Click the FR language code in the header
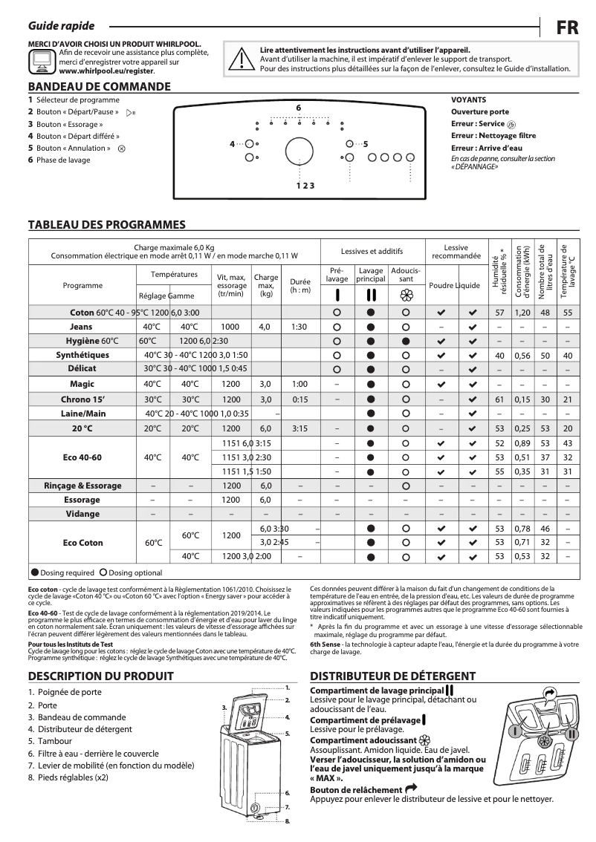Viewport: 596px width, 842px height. coord(568,27)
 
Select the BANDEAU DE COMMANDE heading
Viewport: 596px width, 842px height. coord(99,87)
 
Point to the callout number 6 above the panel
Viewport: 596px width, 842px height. coord(298,108)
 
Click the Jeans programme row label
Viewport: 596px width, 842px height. coord(82,327)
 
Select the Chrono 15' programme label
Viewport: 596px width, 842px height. coord(82,399)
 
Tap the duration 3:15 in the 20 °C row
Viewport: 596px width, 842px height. coord(299,428)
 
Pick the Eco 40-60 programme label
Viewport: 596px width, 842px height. coord(82,457)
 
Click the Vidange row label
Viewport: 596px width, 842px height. coord(82,514)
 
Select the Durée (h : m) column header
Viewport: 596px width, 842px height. coord(299,286)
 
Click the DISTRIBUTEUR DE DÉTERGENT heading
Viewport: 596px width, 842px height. coord(392,676)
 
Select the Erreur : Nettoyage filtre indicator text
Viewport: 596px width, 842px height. coord(493,136)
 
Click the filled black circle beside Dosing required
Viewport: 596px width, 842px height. coord(34,573)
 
